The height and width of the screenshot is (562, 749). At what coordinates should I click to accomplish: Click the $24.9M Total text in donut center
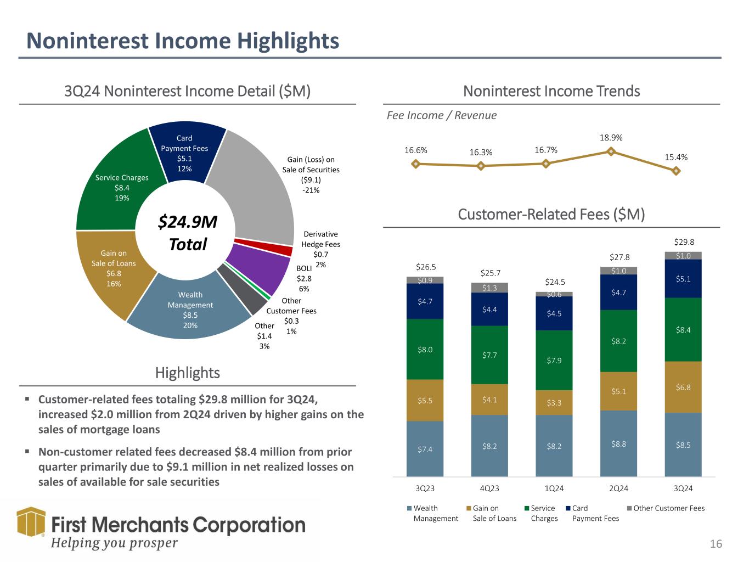188,233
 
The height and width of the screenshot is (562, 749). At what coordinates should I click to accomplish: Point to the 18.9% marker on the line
611,152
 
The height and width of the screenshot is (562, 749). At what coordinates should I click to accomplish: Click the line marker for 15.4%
676,171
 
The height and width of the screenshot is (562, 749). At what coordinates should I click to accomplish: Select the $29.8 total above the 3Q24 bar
683,241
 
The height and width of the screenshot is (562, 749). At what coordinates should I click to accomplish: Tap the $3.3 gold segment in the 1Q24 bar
554,403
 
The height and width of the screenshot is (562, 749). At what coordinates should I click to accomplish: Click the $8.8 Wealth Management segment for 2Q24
618,443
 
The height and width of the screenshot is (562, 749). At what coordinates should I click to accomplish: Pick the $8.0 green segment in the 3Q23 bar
425,349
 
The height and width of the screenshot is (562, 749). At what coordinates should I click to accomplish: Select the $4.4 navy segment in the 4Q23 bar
489,310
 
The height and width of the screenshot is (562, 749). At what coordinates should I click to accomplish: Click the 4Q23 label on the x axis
489,488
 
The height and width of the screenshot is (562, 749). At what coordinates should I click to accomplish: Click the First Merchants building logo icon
31,521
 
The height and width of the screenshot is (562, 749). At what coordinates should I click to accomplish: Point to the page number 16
716,544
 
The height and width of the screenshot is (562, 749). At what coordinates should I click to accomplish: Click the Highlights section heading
188,373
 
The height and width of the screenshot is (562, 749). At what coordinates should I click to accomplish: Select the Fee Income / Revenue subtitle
441,115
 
